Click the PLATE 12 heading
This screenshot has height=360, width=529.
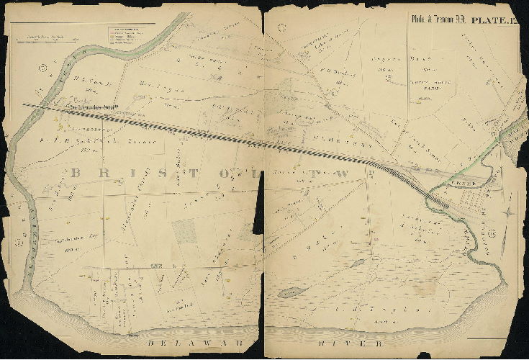tap(494, 20)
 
